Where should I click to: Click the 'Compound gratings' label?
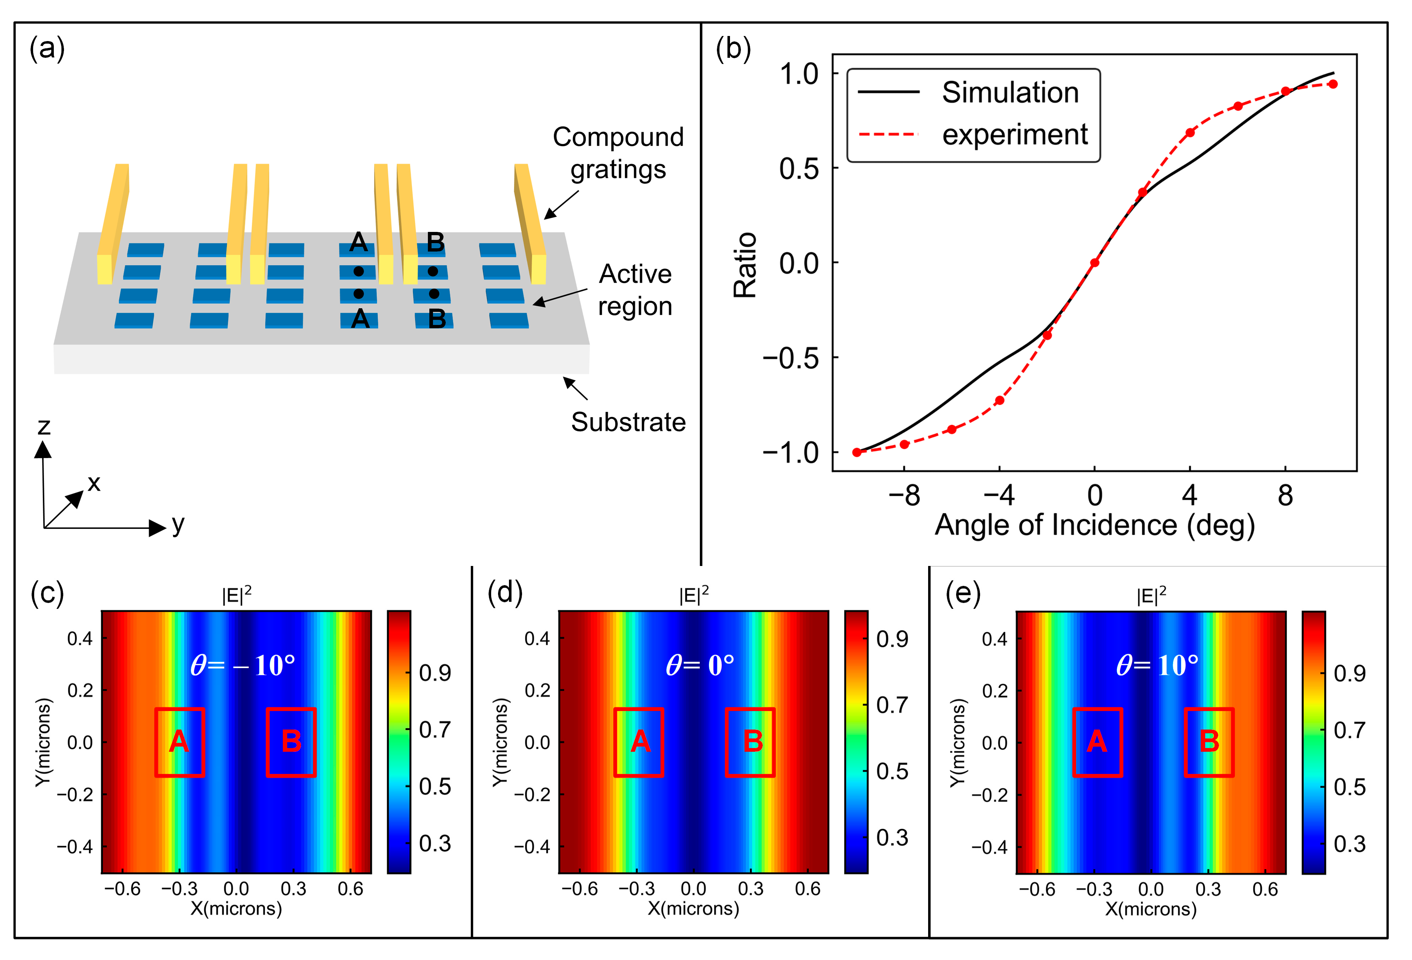618,153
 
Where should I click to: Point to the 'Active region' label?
635,290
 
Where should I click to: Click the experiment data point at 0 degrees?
1094,262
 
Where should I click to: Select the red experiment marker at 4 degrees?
1190,132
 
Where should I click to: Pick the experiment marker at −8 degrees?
904,444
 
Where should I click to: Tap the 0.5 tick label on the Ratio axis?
799,168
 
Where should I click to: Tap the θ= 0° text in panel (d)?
699,665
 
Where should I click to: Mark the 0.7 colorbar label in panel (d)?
891,705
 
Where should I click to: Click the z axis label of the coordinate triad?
43,427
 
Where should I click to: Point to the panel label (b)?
733,49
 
